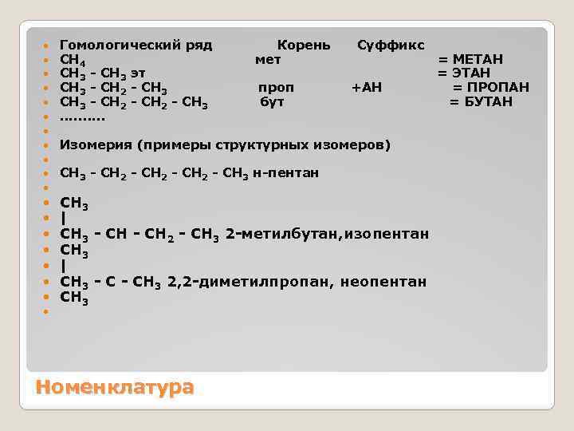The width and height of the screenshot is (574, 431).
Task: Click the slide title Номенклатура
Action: coord(115,387)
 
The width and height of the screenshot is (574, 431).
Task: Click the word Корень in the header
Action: coord(303,45)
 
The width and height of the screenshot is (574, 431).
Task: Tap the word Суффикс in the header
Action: coord(391,45)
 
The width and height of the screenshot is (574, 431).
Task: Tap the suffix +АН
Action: coord(367,87)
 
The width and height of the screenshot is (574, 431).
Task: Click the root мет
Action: coord(268,60)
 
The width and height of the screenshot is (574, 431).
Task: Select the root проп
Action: coord(276,87)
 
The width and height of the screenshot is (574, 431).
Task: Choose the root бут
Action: coord(273,101)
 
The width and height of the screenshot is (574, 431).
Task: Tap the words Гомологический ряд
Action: coord(136,45)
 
